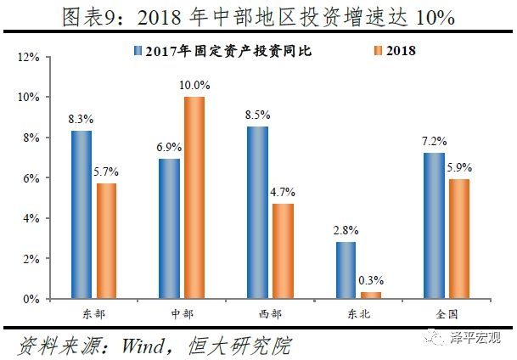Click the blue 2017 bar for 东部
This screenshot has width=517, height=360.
81,214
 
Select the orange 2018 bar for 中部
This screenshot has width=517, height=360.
194,197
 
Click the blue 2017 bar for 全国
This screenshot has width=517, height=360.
432,225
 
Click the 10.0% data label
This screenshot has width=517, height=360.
194,87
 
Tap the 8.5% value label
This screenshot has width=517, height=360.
257,116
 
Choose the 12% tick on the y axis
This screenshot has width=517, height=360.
30,57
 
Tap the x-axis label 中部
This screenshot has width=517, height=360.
181,314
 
